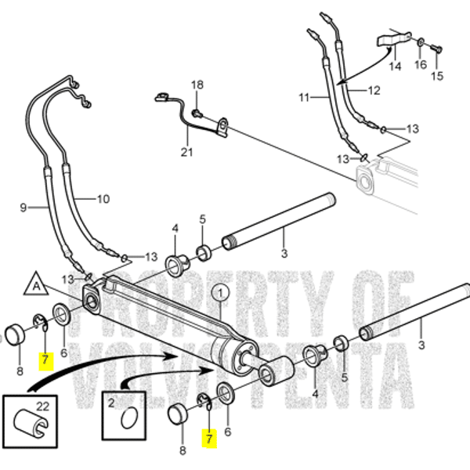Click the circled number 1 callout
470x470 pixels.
click(x=220, y=295)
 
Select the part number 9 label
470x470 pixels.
click(x=23, y=208)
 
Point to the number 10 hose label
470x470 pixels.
click(x=103, y=199)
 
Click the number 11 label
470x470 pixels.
click(x=305, y=97)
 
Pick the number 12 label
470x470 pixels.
click(x=374, y=92)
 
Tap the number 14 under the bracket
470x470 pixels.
click(x=395, y=67)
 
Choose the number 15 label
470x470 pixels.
click(x=436, y=76)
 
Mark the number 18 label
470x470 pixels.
click(x=197, y=85)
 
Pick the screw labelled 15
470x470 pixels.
click(x=437, y=49)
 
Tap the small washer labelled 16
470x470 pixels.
click(x=421, y=41)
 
